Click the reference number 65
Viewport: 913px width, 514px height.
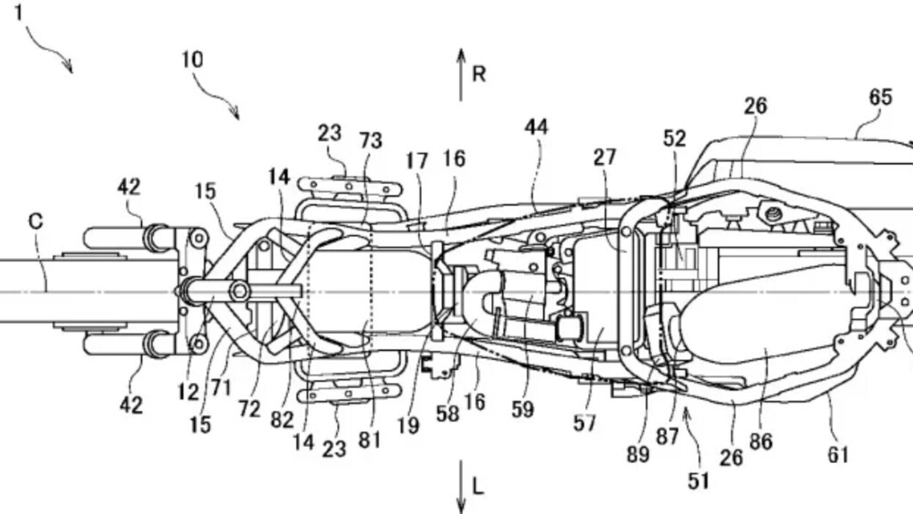pos(880,98)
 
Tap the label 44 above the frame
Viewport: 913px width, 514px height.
pos(536,127)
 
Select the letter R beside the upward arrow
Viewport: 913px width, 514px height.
pos(478,74)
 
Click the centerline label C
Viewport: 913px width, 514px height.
pos(36,222)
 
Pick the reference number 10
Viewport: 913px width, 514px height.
pos(192,60)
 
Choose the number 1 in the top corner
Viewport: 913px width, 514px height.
pos(19,12)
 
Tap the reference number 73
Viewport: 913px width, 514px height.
pos(370,140)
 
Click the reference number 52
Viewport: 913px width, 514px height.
pos(674,138)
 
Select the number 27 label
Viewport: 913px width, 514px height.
pos(604,158)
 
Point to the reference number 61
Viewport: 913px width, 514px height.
pos(838,455)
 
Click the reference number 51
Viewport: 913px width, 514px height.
pos(698,481)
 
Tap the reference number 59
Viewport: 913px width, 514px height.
pos(522,409)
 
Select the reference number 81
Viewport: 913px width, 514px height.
pos(369,440)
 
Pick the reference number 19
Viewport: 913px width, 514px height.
pos(408,425)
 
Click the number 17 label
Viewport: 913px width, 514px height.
pos(417,161)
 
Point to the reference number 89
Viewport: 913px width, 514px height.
pos(638,454)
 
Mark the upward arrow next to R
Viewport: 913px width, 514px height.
pos(461,75)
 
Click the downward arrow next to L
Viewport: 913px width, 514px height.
pos(461,487)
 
